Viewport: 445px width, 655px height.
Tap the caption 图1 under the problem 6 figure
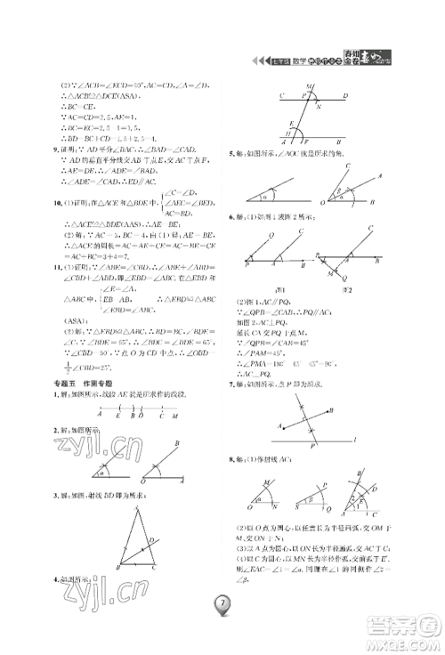[279, 290]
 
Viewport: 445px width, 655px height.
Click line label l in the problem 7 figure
[355, 439]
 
